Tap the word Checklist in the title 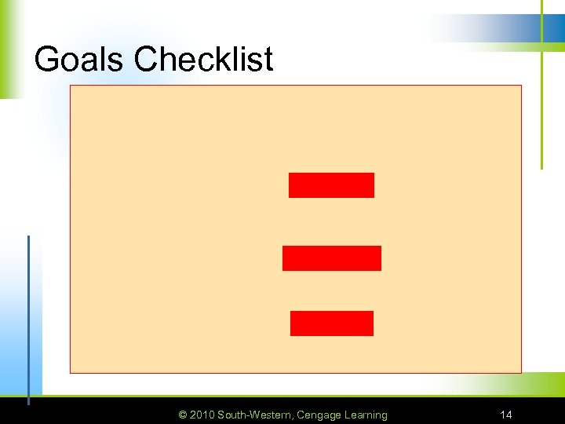tap(204, 59)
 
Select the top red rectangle tap(331, 185)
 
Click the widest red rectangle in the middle tap(331, 258)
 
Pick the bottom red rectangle tap(331, 323)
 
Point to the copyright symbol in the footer tap(183, 415)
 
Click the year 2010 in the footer tap(202, 415)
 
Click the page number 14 tap(506, 415)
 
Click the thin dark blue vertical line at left tap(29, 314)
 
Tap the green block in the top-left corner tap(9, 47)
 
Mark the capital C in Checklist tap(145, 59)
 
